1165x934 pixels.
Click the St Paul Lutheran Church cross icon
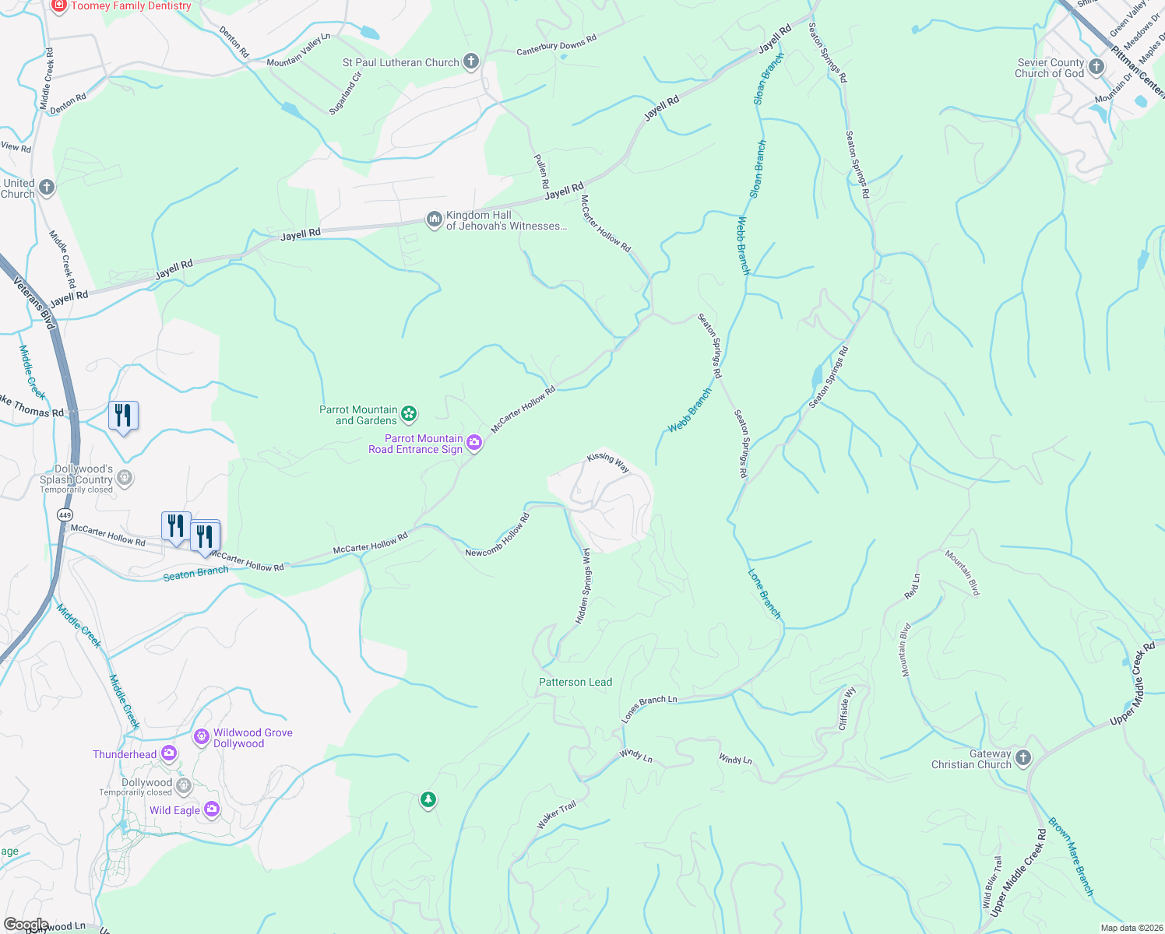470,61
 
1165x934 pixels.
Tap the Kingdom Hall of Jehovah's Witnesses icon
434,220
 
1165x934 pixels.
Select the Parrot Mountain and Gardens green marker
410,414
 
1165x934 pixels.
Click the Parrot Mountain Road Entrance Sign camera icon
473,444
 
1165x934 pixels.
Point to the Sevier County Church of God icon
1096,67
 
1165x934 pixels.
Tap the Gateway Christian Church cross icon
1023,758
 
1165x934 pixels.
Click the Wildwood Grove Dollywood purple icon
202,736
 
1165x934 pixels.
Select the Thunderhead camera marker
169,754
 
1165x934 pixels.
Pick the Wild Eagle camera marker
211,810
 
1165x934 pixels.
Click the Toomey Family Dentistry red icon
59,5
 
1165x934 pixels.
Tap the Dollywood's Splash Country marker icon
125,478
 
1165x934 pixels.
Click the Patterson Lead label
575,682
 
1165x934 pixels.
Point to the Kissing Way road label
608,462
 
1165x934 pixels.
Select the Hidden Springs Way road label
583,585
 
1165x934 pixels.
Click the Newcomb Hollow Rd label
498,535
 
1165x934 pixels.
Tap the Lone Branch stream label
765,594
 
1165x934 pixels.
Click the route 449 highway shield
65,515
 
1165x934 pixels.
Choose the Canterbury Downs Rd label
556,46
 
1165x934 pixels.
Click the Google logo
26,925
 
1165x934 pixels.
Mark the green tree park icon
428,799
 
